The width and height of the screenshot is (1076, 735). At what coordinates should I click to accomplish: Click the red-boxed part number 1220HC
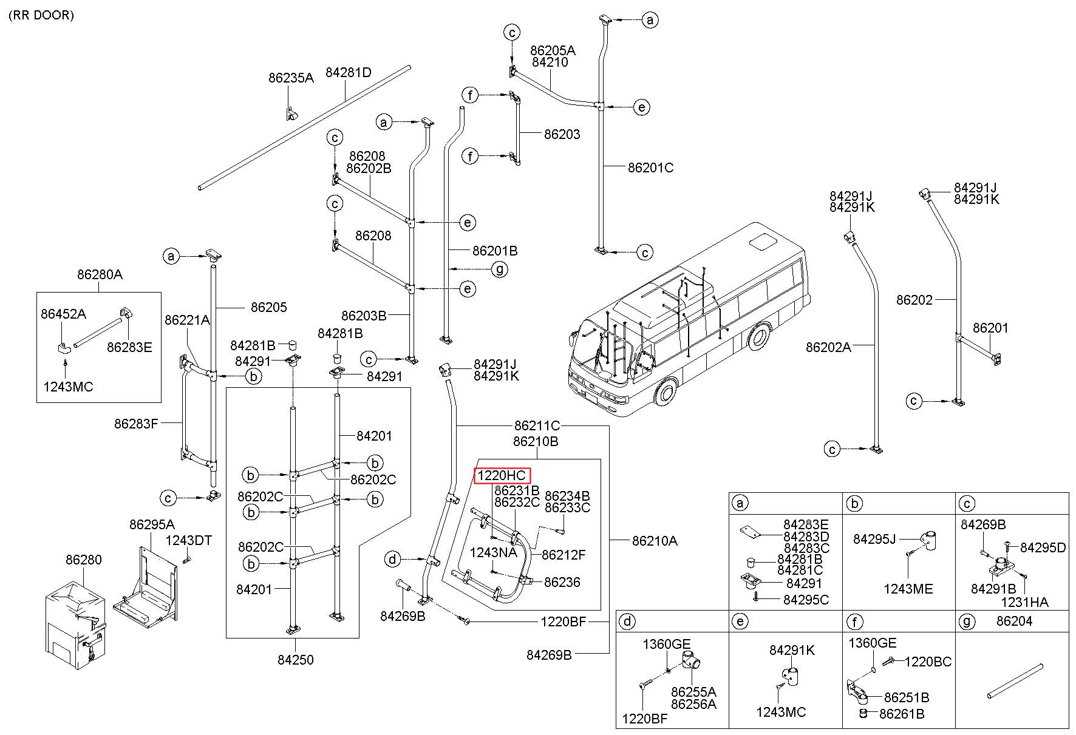[502, 476]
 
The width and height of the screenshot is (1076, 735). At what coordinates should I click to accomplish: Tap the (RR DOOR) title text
[41, 15]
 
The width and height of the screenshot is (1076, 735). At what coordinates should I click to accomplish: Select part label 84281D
[349, 73]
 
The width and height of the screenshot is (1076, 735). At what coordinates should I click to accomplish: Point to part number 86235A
[291, 78]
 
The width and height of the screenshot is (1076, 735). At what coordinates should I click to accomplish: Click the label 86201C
[650, 168]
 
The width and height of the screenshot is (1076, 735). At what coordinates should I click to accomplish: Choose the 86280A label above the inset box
[100, 274]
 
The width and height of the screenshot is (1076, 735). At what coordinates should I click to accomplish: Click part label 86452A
[63, 314]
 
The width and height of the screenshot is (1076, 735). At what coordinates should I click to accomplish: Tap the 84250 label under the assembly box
[296, 660]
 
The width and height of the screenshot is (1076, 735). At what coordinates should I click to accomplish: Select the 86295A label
[152, 524]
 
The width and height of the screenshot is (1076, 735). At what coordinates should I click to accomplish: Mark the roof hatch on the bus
[764, 242]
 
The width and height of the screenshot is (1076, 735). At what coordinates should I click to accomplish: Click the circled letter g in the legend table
[966, 622]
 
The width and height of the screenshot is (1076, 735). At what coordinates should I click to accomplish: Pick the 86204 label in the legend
[1015, 622]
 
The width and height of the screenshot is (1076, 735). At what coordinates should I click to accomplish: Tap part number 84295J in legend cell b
[875, 539]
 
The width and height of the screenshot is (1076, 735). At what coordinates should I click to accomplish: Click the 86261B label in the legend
[901, 714]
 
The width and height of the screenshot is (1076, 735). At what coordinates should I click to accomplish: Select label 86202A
[828, 347]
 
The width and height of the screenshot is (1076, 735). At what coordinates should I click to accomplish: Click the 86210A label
[655, 540]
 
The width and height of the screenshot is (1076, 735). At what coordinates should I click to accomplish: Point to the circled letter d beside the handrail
[393, 558]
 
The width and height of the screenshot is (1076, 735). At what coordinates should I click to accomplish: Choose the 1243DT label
[189, 540]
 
